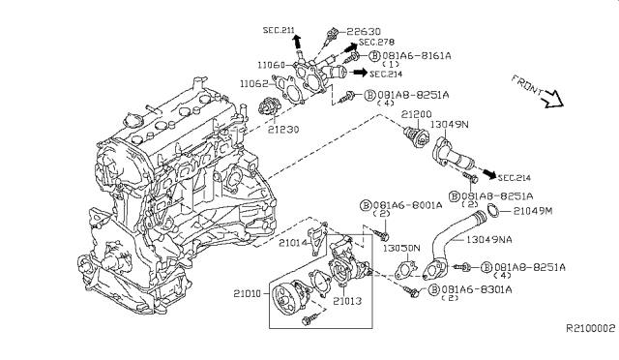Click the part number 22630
pos(364,31)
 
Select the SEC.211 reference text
pos(279,30)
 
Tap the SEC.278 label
pos(376,42)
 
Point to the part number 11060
pos(271,65)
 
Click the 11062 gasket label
pos(253,84)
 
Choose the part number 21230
pos(283,130)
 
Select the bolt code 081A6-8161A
pos(417,56)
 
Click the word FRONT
pos(527,84)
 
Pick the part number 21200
pos(417,114)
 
